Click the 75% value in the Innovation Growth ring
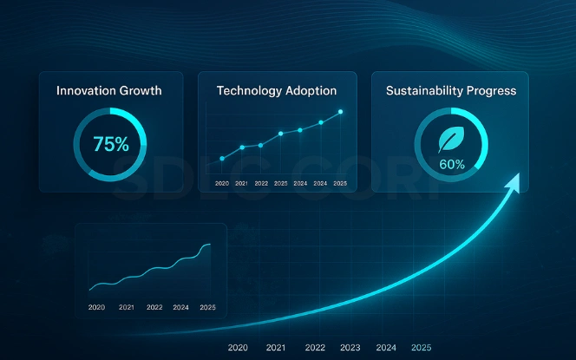coord(110,145)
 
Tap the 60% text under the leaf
coord(451,163)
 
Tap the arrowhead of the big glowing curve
coord(515,180)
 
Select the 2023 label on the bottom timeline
coord(350,348)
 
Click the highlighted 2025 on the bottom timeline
coord(421,348)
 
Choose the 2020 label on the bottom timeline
coord(239,348)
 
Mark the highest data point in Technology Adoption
coord(341,112)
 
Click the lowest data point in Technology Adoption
coord(222,159)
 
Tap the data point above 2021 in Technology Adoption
coord(242,147)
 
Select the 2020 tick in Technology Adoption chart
coord(222,183)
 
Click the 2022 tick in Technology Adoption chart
coord(261,183)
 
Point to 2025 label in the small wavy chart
coord(207,307)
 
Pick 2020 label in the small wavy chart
coord(96,307)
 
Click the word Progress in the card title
coord(493,90)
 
